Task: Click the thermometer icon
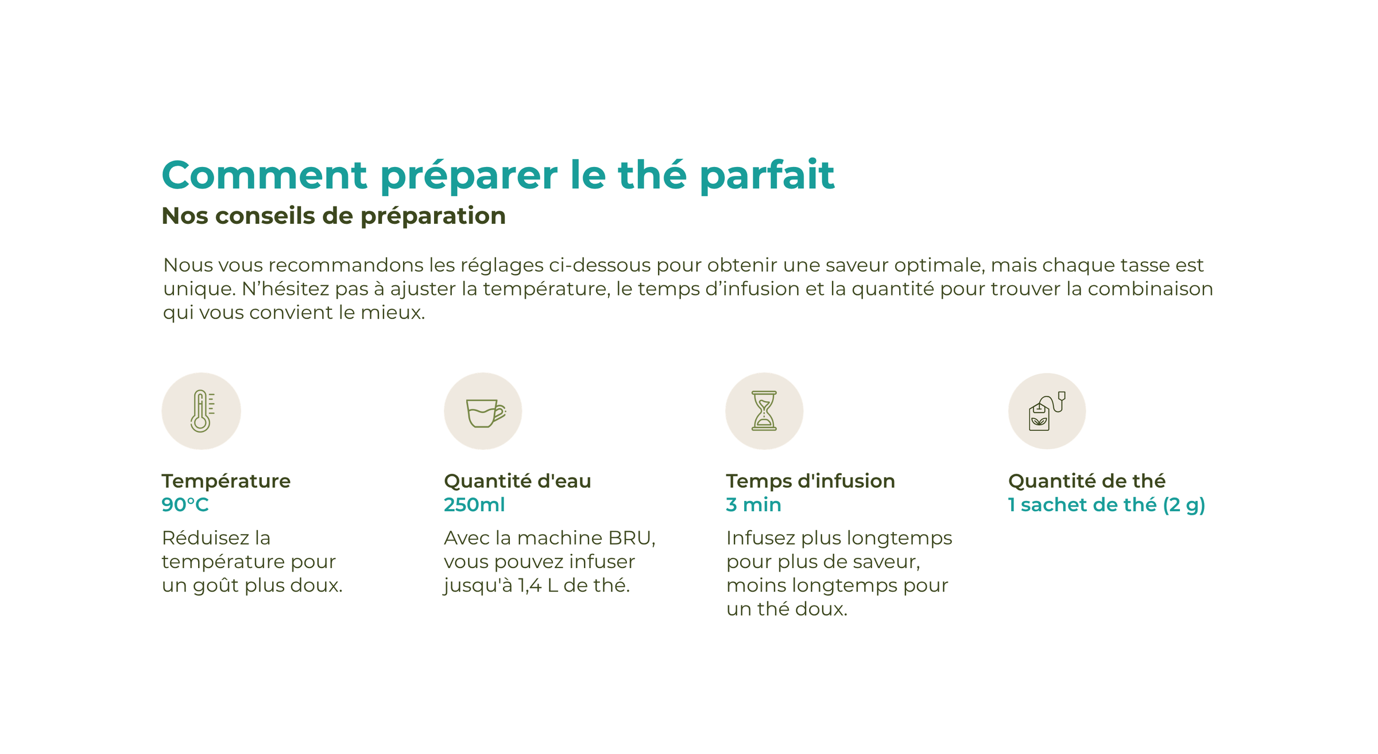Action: point(201,411)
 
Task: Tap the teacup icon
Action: point(485,413)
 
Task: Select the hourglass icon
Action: point(764,411)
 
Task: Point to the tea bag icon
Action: point(1046,411)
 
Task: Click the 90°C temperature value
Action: point(185,505)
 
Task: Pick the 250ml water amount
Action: point(474,505)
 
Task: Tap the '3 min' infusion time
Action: point(753,505)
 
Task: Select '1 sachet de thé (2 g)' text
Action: point(1106,506)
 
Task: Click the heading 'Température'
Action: point(226,481)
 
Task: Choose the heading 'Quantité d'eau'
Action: point(517,481)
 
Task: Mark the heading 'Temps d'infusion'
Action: point(811,481)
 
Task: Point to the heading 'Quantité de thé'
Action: point(1087,481)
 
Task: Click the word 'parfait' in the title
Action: point(767,176)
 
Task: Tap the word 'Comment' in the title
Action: point(265,175)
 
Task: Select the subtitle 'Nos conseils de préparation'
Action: point(334,216)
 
